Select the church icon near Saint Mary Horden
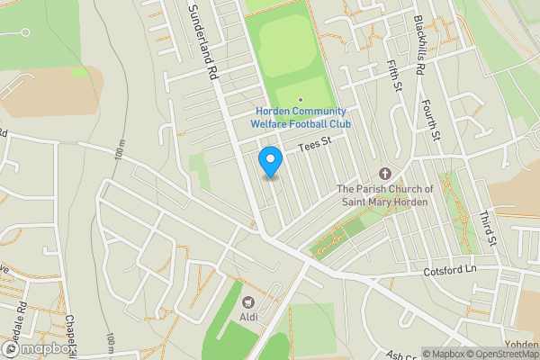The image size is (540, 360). point(385,173)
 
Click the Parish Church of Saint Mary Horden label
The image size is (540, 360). point(385,195)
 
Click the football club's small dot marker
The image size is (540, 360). point(301,100)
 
